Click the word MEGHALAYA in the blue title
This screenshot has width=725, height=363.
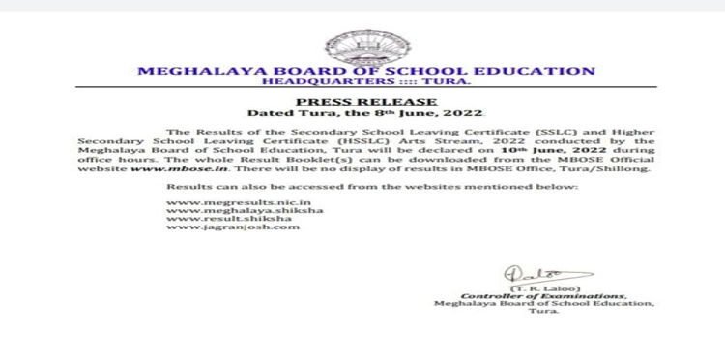click(x=191, y=71)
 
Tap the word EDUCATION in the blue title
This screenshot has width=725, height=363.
click(x=540, y=71)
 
